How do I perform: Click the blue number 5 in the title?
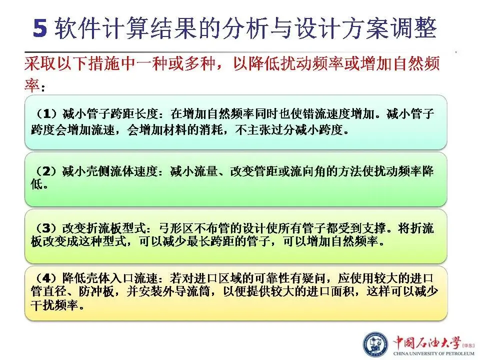40,28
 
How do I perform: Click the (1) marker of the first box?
46,114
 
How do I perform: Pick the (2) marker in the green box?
46,171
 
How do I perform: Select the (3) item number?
46,228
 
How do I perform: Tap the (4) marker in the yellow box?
46,278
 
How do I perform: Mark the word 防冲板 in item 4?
96,291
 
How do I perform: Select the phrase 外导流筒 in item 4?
186,291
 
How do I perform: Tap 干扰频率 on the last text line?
54,305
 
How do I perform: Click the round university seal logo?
375,344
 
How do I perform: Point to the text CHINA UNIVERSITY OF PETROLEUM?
434,353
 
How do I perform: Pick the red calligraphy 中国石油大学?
427,342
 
